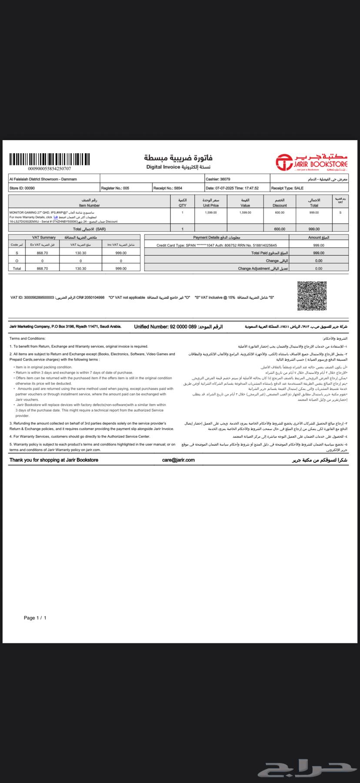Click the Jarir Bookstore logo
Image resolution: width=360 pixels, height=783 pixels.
[x=312, y=162]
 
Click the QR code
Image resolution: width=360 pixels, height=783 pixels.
[x=312, y=296]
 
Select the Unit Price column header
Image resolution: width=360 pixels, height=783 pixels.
[x=211, y=203]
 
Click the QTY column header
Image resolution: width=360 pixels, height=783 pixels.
[x=182, y=203]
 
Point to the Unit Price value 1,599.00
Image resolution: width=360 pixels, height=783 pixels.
[x=211, y=213]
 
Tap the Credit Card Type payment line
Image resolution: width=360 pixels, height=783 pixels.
[x=217, y=245]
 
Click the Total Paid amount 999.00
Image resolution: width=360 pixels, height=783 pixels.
[x=319, y=253]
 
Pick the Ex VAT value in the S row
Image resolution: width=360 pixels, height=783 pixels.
[x=42, y=253]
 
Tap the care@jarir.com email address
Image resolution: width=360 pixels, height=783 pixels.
[x=178, y=460]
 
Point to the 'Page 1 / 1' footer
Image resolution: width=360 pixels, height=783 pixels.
[x=35, y=618]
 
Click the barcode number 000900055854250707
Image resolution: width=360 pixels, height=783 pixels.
[x=49, y=169]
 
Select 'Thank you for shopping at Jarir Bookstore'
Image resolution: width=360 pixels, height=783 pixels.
[x=54, y=460]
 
